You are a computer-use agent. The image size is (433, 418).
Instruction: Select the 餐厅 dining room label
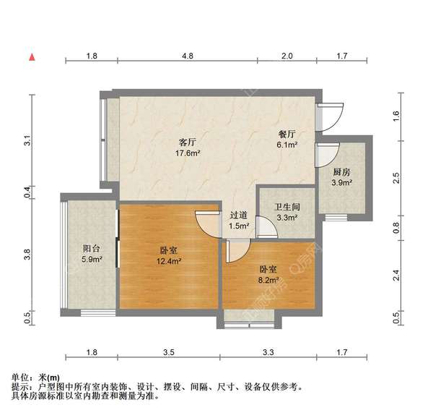(288, 134)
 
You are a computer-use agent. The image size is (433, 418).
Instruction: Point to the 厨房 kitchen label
(341, 172)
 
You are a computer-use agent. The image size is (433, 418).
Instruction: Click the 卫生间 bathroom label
(287, 206)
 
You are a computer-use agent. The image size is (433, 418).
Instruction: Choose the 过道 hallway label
(239, 215)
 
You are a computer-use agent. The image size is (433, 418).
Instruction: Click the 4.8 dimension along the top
(188, 56)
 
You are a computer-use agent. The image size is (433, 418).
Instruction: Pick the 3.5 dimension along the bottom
(168, 352)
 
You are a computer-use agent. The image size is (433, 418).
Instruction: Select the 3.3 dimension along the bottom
(268, 352)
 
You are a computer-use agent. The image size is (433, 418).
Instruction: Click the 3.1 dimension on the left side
(27, 142)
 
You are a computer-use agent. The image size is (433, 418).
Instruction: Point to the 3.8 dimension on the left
(27, 255)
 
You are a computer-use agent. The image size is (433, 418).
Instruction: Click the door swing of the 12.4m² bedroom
(208, 223)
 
